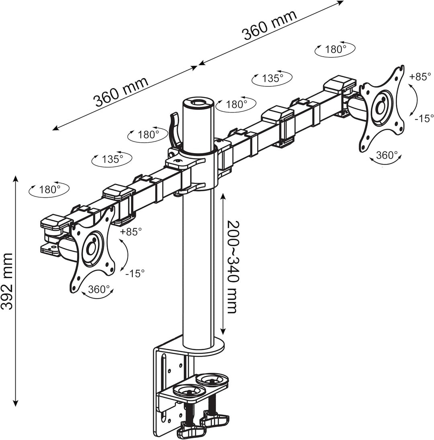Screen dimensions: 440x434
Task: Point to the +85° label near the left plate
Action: pos(131,232)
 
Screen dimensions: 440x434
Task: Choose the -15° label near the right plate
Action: pos(424,119)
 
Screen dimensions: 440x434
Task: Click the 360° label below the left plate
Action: pos(99,289)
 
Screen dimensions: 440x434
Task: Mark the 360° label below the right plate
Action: pos(387,155)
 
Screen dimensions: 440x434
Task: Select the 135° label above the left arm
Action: pos(112,159)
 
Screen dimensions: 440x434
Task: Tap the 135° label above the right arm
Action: pos(272,78)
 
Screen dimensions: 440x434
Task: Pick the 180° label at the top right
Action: pos(335,49)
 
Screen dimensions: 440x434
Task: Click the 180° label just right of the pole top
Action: pos(236,104)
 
